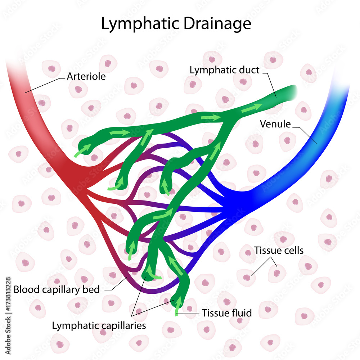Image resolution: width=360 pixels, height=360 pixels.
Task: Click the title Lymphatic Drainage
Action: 176,24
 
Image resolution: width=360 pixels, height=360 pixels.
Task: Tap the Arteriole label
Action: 86,76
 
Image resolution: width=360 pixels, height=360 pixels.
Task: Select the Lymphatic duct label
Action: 224,70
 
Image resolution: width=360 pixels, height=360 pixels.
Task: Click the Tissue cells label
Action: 278,250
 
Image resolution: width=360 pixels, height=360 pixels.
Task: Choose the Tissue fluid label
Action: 226,313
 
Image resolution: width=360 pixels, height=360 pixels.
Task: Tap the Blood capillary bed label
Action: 56,289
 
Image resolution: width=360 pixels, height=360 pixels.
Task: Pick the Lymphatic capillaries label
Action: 99,325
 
